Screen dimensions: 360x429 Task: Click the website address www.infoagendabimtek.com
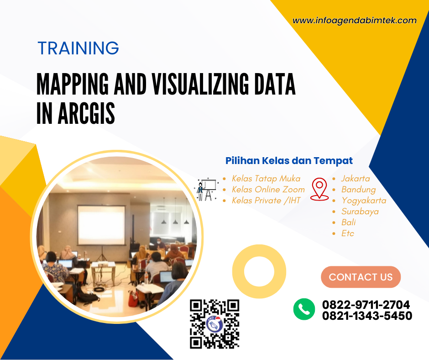point(354,21)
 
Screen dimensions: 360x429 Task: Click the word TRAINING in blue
point(78,48)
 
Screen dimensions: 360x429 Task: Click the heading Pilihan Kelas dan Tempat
point(289,161)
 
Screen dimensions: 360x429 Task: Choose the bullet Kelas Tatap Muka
point(266,179)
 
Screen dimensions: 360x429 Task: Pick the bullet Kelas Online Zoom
point(268,190)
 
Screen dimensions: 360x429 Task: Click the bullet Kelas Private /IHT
point(266,201)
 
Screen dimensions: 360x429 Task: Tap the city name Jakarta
point(356,179)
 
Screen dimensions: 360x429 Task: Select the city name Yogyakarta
point(364,201)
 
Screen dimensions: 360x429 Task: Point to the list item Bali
point(348,222)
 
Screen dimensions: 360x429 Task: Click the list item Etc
point(347,233)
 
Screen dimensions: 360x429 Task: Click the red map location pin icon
point(319,189)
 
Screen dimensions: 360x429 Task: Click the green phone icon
point(304,309)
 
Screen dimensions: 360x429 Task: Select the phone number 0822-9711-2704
point(366,305)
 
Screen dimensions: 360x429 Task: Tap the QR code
point(214,324)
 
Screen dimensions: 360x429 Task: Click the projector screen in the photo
point(101,225)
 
